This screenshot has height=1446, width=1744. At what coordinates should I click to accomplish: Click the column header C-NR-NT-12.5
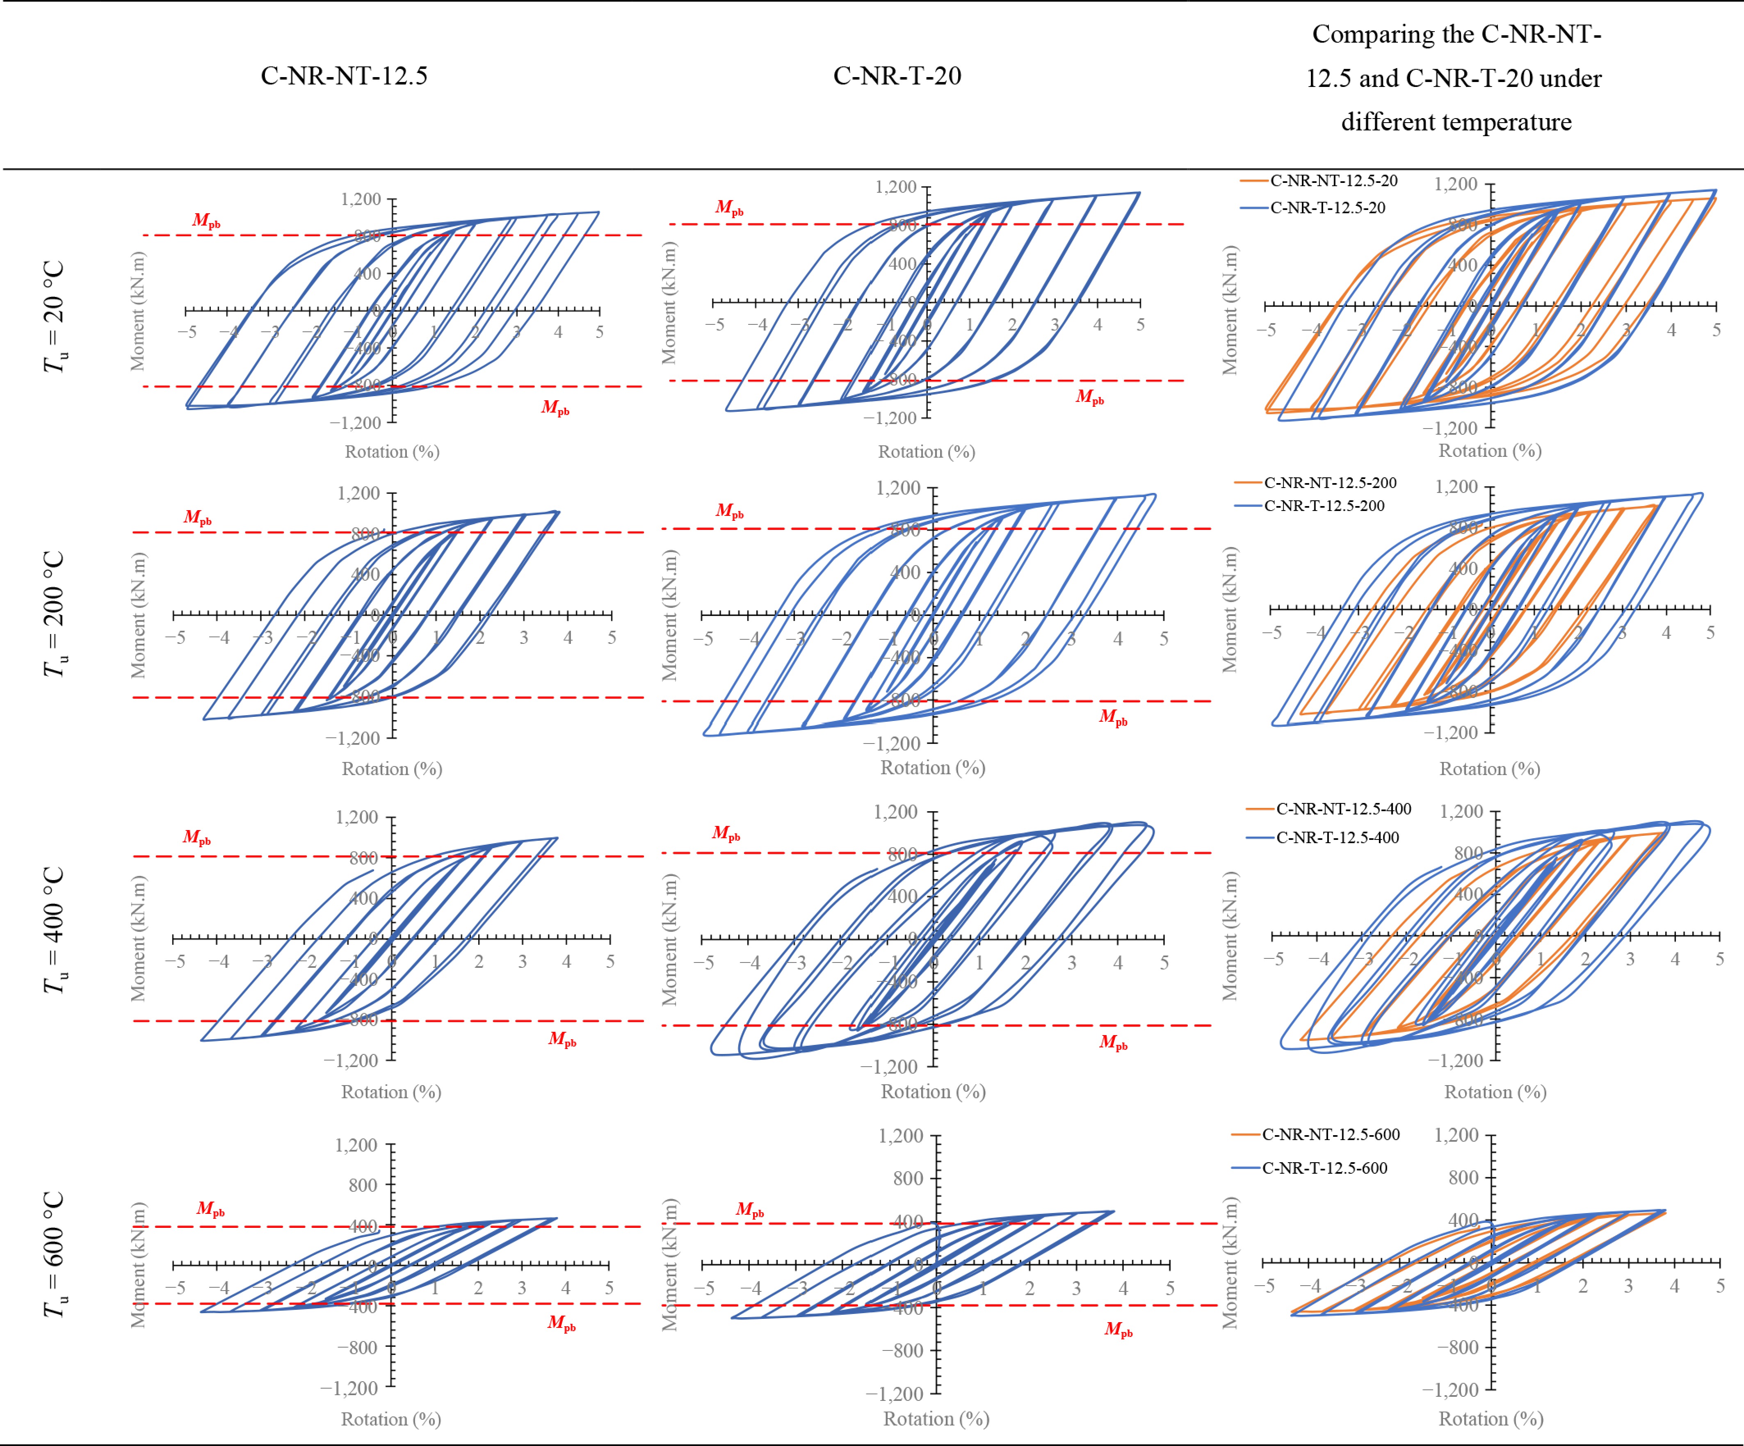point(344,76)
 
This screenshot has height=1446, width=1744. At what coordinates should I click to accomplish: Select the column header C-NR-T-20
point(897,76)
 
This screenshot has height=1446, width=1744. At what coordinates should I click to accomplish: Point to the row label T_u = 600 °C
point(54,1254)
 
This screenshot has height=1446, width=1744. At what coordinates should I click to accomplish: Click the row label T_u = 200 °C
point(54,615)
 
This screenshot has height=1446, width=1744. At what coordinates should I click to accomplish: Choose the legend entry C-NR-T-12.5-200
point(1324,506)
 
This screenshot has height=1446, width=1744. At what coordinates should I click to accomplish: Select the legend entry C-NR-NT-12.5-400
point(1343,809)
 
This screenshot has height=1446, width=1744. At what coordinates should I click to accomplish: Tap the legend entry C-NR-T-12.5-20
point(1327,208)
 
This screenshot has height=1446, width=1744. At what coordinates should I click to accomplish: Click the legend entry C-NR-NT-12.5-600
point(1331,1135)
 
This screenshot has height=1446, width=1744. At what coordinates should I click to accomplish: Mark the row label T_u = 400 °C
point(54,930)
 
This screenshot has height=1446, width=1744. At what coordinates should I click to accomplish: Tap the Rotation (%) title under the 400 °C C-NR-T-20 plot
point(933,1091)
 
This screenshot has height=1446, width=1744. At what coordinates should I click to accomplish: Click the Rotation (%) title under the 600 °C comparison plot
point(1491,1419)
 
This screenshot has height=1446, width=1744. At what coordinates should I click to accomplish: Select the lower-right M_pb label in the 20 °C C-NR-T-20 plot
point(1089,397)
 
